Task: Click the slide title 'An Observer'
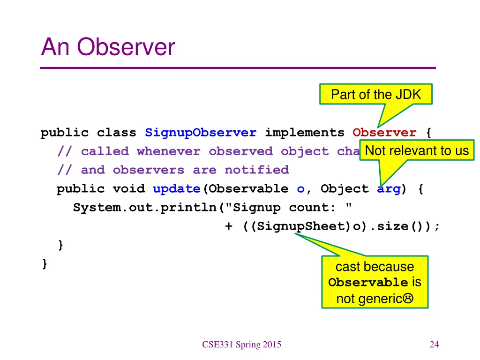click(108, 47)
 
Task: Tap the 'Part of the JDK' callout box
click(375, 94)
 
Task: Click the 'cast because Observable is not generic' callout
click(375, 282)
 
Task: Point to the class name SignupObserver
click(201, 133)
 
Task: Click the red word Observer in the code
click(384, 133)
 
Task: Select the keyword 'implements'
click(305, 133)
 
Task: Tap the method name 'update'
click(176, 189)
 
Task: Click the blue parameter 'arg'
click(389, 189)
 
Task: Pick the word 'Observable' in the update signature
click(248, 189)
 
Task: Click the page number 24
click(434, 345)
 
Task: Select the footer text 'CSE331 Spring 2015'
click(242, 345)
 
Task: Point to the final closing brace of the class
click(45, 264)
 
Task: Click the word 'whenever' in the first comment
click(168, 151)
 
